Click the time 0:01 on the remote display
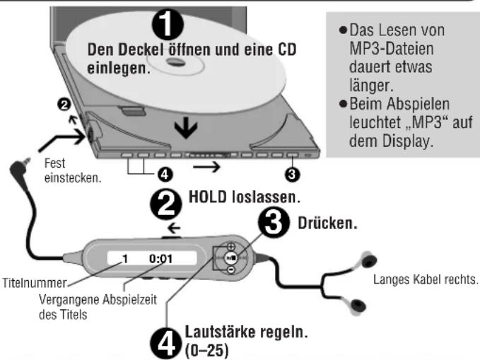pos(160,260)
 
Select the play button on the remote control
pos(233,260)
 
